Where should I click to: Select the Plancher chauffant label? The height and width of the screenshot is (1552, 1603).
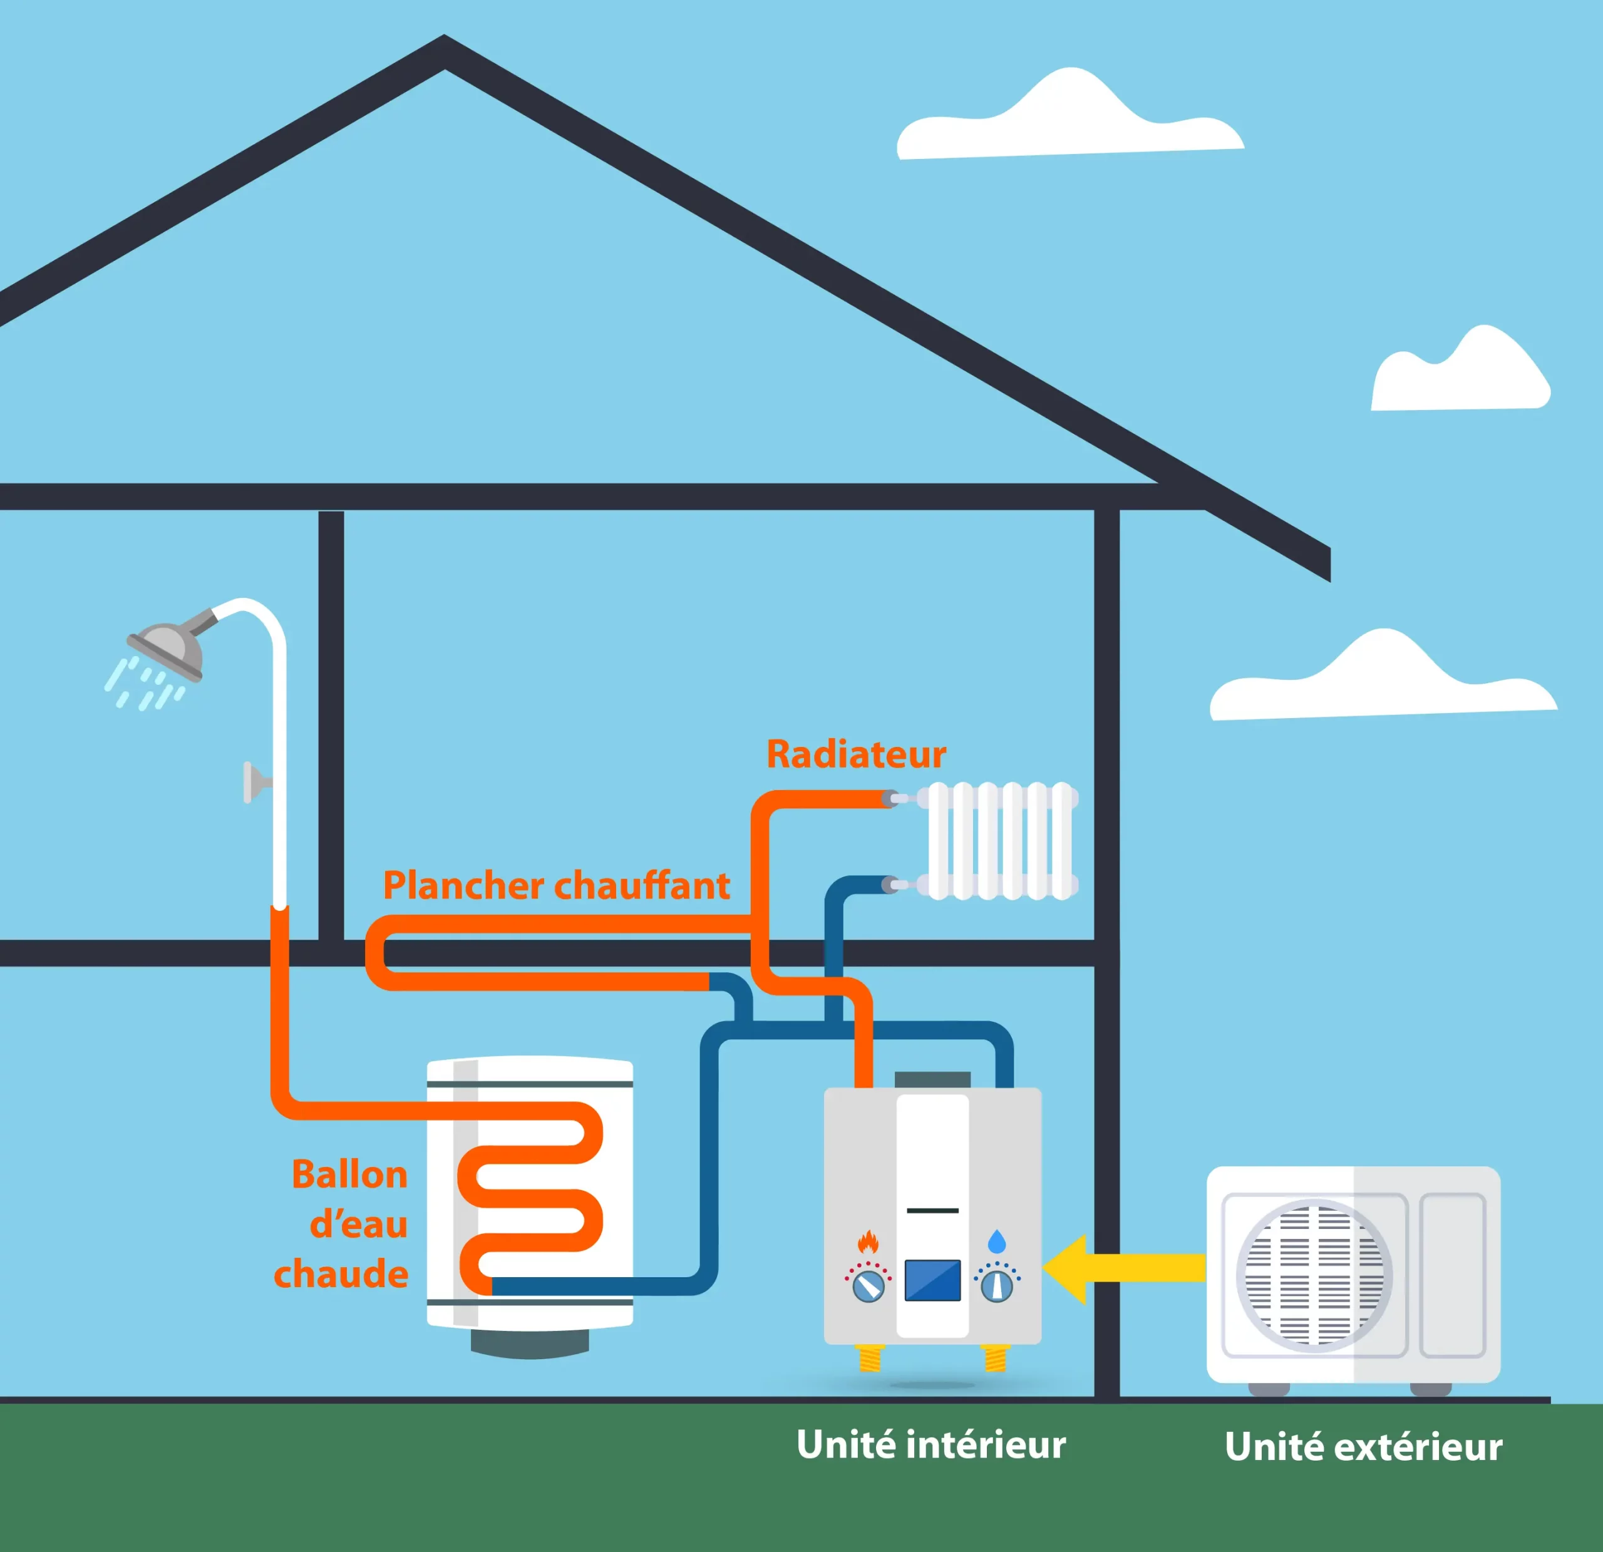[x=556, y=886]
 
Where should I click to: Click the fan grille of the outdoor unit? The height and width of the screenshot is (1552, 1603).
[x=1314, y=1274]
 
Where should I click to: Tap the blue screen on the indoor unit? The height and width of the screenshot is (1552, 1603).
[x=932, y=1280]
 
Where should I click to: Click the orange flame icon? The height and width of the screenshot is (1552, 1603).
[x=868, y=1242]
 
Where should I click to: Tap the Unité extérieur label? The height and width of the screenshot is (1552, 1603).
[x=1363, y=1447]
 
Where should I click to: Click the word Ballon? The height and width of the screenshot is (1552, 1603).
[x=349, y=1174]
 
